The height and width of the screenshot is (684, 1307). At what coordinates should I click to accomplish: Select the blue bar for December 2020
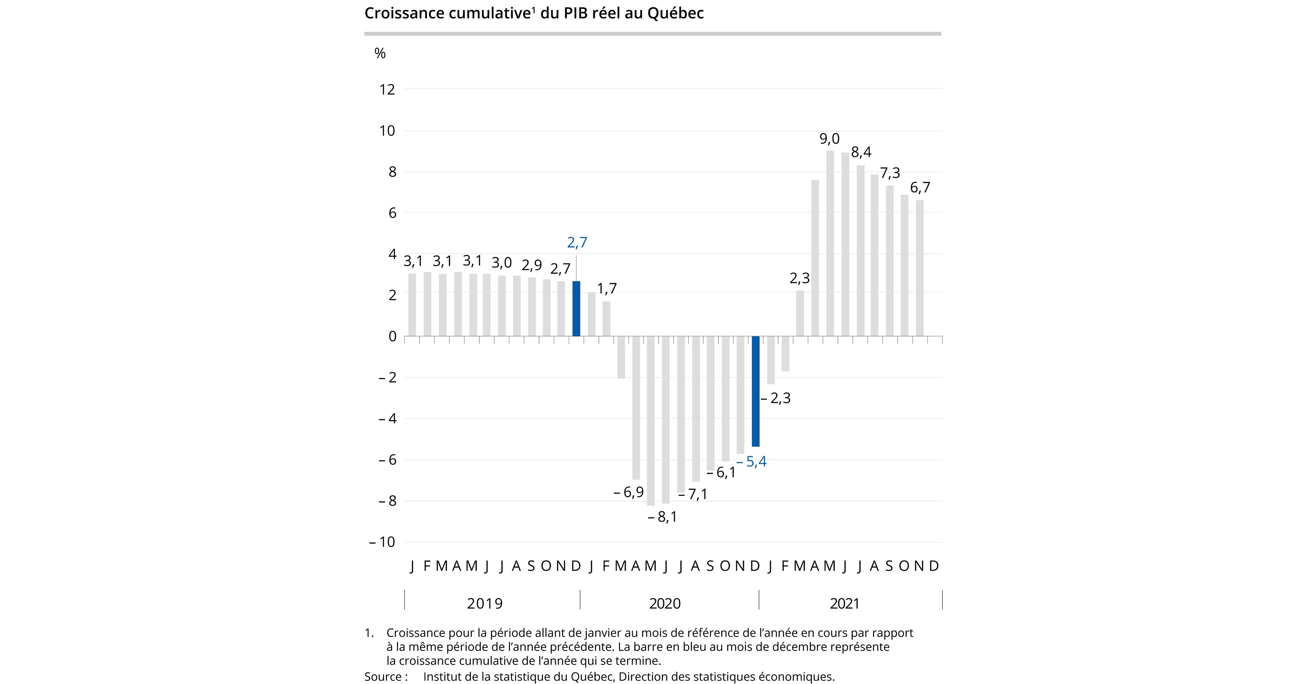[756, 391]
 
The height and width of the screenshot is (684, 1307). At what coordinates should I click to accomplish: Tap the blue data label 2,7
[577, 243]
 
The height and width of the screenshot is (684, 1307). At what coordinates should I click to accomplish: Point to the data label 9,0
[830, 139]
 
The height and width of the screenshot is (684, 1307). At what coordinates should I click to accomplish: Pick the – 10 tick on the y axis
[382, 542]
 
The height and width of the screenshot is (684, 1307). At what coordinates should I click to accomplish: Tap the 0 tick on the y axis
[392, 336]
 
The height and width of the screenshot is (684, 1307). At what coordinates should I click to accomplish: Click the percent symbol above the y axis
[380, 53]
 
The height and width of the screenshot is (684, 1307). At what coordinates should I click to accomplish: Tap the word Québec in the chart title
[675, 13]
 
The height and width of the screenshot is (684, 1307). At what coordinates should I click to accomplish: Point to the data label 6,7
[920, 188]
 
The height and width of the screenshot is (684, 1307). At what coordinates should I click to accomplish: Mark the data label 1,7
[607, 289]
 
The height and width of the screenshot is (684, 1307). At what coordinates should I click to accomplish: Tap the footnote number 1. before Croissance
[369, 633]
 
